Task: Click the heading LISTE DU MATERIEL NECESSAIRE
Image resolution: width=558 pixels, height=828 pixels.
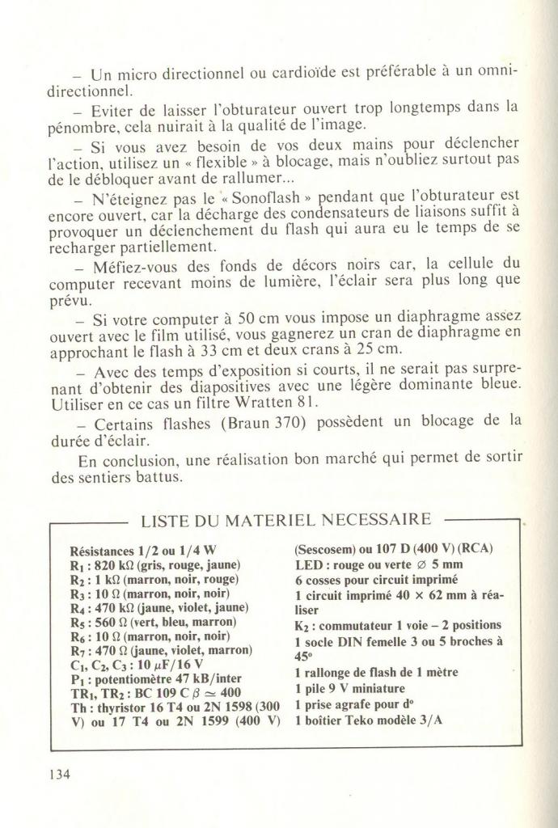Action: (x=286, y=518)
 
